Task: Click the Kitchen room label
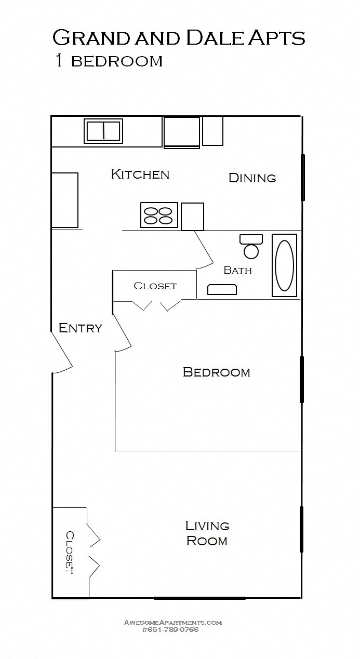tap(140, 174)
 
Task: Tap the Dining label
tap(252, 178)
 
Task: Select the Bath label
tap(237, 270)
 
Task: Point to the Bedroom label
tap(216, 372)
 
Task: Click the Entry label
tap(80, 328)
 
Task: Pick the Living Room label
tap(207, 533)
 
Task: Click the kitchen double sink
tap(103, 131)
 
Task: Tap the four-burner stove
tap(158, 215)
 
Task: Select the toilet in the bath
tap(251, 247)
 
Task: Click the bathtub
tap(284, 265)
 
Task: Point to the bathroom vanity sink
tap(222, 289)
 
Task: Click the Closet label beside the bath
tap(155, 286)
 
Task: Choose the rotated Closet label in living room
tap(70, 552)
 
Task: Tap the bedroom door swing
tap(123, 332)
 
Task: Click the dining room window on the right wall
tap(303, 178)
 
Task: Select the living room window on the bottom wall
tap(199, 598)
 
